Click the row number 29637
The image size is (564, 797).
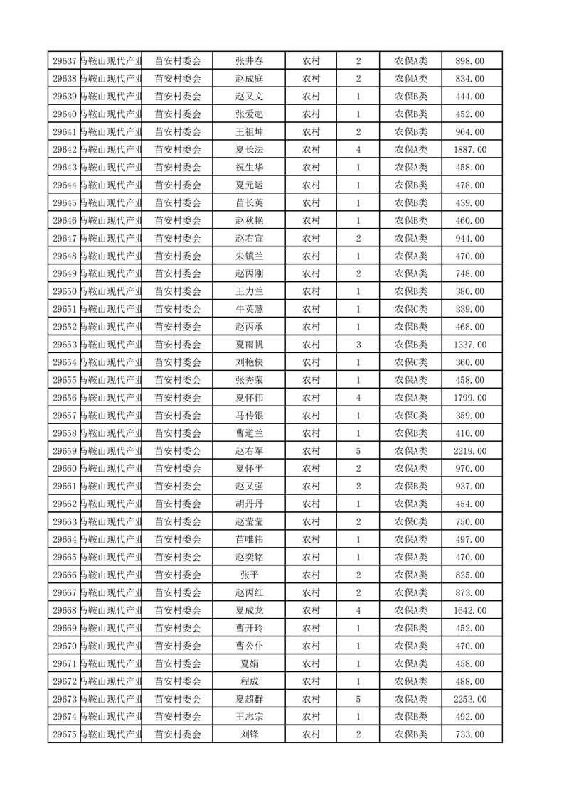click(65, 61)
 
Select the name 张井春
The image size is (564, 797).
click(249, 61)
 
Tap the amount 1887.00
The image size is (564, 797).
click(470, 150)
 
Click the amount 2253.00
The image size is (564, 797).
click(470, 699)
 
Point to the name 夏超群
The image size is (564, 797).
click(249, 699)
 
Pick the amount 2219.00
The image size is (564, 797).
click(470, 451)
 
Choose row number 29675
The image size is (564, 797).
click(65, 734)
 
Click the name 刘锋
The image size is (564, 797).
click(249, 734)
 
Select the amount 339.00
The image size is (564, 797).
click(470, 309)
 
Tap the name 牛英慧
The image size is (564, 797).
click(249, 309)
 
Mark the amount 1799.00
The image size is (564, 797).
click(470, 398)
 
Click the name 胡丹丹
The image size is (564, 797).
click(249, 504)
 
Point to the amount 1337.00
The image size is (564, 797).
click(470, 345)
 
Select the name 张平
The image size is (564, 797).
click(249, 575)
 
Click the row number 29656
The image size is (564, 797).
click(65, 398)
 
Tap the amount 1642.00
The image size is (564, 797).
click(470, 610)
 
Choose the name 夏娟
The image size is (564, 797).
click(249, 663)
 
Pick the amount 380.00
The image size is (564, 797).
click(470, 291)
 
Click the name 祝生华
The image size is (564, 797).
click(249, 168)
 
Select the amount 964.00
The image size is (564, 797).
click(470, 132)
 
